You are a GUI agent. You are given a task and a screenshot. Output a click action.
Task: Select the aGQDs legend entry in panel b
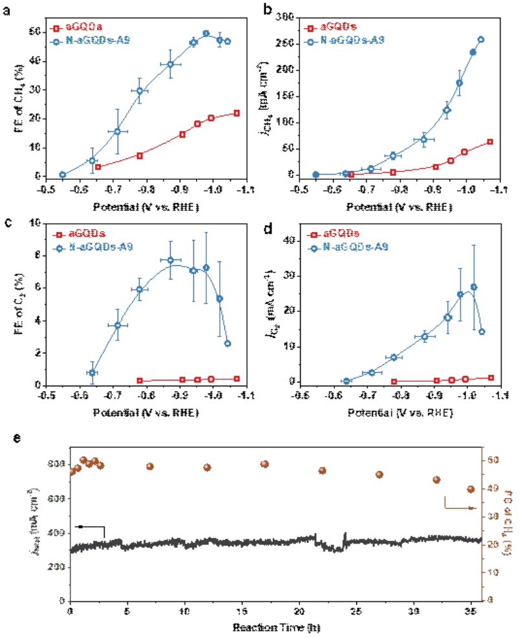pyautogui.click(x=336, y=28)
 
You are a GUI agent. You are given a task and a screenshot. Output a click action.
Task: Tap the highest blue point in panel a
pyautogui.click(x=206, y=33)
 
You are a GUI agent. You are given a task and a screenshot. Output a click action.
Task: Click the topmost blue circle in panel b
pyautogui.click(x=480, y=39)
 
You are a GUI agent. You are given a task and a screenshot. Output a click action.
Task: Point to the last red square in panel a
pyautogui.click(x=237, y=113)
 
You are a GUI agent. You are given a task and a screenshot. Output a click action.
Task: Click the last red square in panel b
pyautogui.click(x=490, y=142)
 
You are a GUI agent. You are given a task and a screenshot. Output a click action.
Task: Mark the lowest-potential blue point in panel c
pyautogui.click(x=92, y=373)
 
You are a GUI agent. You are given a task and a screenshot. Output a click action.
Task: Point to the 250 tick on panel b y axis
pyautogui.click(x=285, y=43)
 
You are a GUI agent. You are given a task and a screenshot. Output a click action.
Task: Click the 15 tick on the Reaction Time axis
pyautogui.click(x=242, y=611)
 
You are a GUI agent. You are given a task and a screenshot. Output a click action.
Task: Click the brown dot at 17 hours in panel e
pyautogui.click(x=264, y=464)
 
